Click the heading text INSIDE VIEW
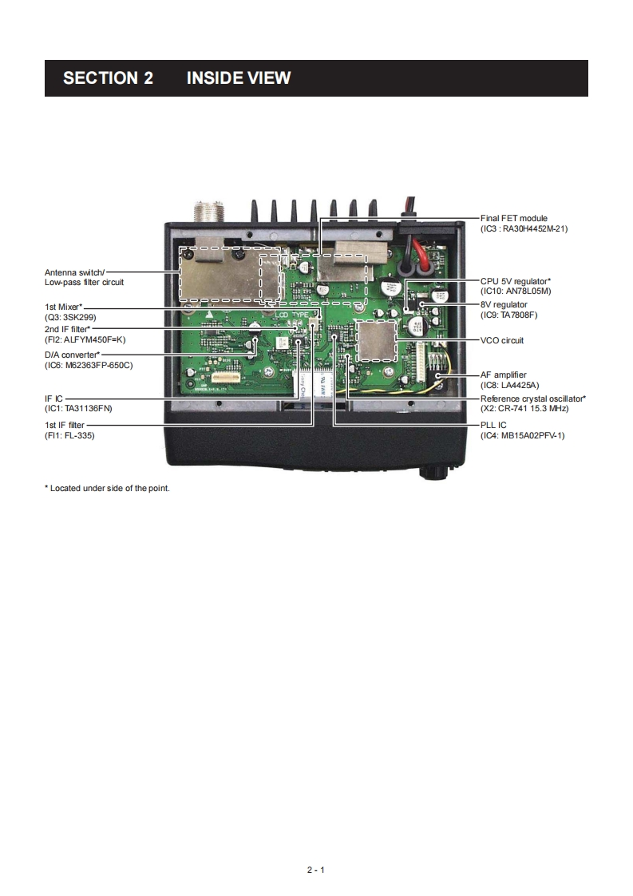[x=238, y=78]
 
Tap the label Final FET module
[x=513, y=218]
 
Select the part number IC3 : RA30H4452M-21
[x=524, y=228]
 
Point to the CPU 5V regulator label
[x=515, y=281]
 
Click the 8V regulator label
[x=504, y=304]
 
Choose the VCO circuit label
[x=502, y=340]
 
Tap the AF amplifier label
[x=503, y=375]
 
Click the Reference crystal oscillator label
[x=532, y=398]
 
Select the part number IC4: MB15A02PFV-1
[x=522, y=435]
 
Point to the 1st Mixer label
[x=64, y=306]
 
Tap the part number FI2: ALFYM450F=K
[x=85, y=339]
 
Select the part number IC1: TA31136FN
[x=78, y=407]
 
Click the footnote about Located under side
[x=108, y=488]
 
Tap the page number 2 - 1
[x=316, y=870]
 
